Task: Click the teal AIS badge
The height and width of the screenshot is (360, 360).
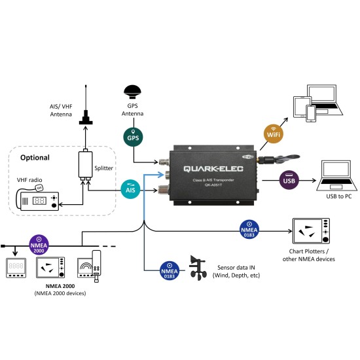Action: pos(131,189)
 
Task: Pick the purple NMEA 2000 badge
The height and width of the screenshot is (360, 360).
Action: pos(39,245)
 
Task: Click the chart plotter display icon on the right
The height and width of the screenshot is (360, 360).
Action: pos(311,230)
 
